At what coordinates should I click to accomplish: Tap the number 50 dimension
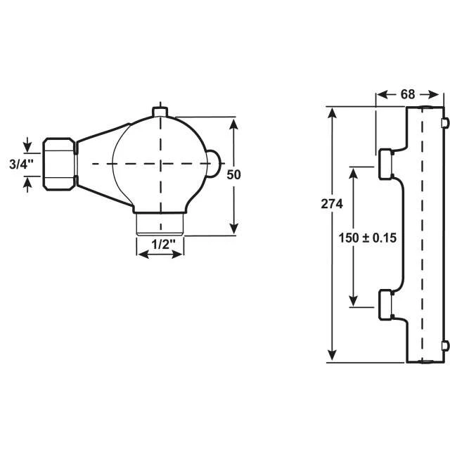click(x=234, y=175)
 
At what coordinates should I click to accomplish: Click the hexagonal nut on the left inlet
click(x=59, y=164)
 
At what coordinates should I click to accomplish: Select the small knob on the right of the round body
click(x=213, y=163)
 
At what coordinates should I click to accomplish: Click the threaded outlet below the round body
click(x=160, y=224)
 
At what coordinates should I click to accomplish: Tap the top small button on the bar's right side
click(x=444, y=124)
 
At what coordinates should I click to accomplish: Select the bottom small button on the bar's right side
click(x=444, y=345)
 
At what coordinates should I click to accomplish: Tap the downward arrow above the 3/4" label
click(x=27, y=146)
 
